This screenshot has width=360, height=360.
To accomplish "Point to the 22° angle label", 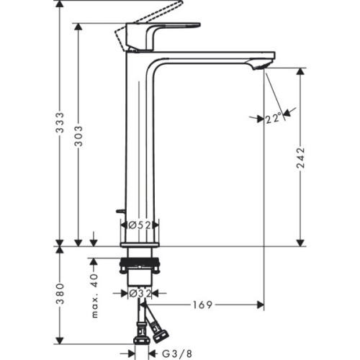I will coord(272,119).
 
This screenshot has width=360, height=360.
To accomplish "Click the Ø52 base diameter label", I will coord(139,225).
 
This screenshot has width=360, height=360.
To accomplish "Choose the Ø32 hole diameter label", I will coord(139,293).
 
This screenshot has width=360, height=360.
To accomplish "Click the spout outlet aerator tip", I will coord(261,66).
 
